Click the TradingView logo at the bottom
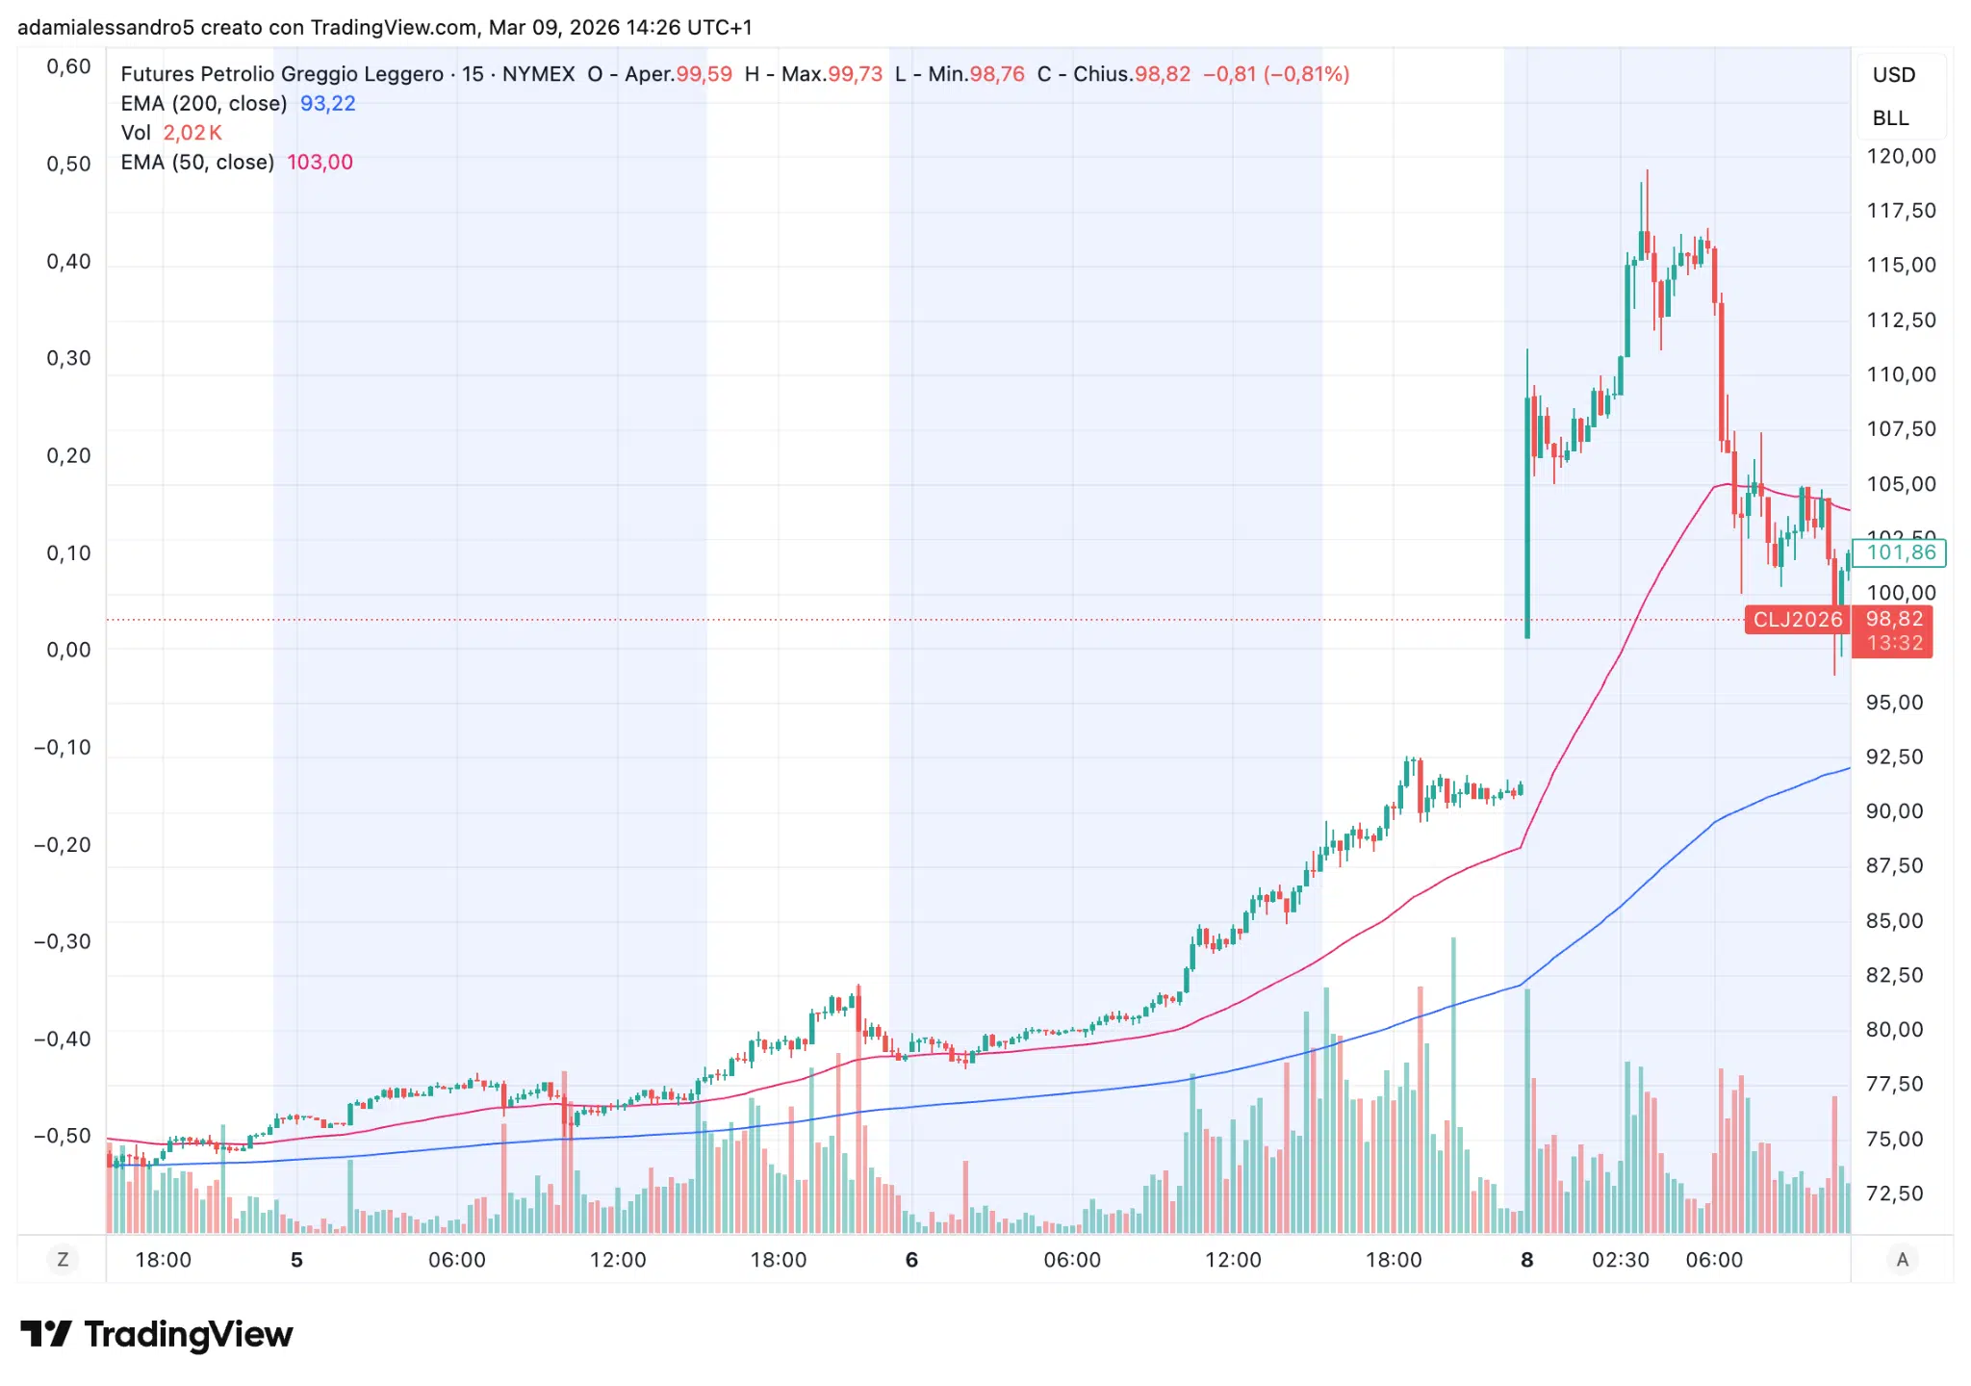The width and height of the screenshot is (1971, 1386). (x=157, y=1334)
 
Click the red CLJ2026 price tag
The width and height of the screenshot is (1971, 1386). (x=1797, y=619)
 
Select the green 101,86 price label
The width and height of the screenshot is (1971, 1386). (x=1901, y=552)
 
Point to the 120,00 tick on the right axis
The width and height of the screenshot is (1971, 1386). (x=1901, y=156)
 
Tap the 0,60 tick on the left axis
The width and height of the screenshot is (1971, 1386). (x=68, y=66)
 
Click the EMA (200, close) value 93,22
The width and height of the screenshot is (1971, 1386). (x=327, y=103)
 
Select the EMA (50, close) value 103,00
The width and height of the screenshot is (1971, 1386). (x=320, y=162)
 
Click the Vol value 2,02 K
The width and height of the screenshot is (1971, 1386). (x=192, y=133)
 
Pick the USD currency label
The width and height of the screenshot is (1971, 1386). (x=1893, y=75)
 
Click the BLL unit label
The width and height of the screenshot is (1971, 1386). (x=1890, y=117)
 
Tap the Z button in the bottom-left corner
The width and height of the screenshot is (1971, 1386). (x=63, y=1259)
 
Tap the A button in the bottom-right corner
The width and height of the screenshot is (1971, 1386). (x=1902, y=1259)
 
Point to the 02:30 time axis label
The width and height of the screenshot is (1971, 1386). (x=1621, y=1260)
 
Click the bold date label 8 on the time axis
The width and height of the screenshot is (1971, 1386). (x=1526, y=1260)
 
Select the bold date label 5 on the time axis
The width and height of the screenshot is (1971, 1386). (x=296, y=1260)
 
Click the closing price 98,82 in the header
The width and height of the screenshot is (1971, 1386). (x=1162, y=74)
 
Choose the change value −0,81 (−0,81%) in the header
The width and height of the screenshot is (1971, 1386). (x=1276, y=74)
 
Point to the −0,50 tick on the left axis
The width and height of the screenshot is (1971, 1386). (x=63, y=1136)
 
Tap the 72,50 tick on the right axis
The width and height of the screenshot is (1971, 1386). (x=1894, y=1193)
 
